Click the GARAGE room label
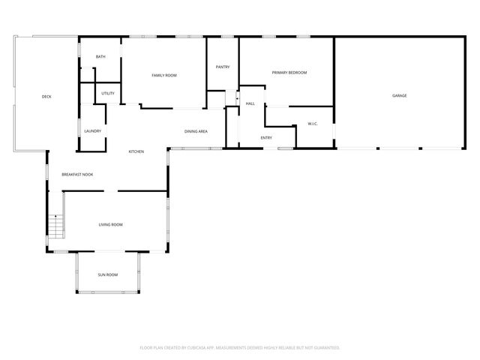click(400, 96)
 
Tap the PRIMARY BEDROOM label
click(289, 72)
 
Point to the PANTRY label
click(223, 67)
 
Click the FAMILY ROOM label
click(164, 75)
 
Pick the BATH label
click(100, 57)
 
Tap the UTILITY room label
click(107, 93)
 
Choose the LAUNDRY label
click(93, 131)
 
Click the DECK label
click(46, 96)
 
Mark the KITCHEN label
click(136, 151)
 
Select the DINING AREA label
click(196, 132)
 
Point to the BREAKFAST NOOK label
click(77, 175)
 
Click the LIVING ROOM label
click(111, 224)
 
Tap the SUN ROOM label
click(108, 274)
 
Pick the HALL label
click(250, 103)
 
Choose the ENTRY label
click(266, 137)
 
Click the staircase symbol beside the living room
click(55, 224)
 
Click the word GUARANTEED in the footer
click(325, 347)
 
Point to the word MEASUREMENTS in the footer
click(239, 347)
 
